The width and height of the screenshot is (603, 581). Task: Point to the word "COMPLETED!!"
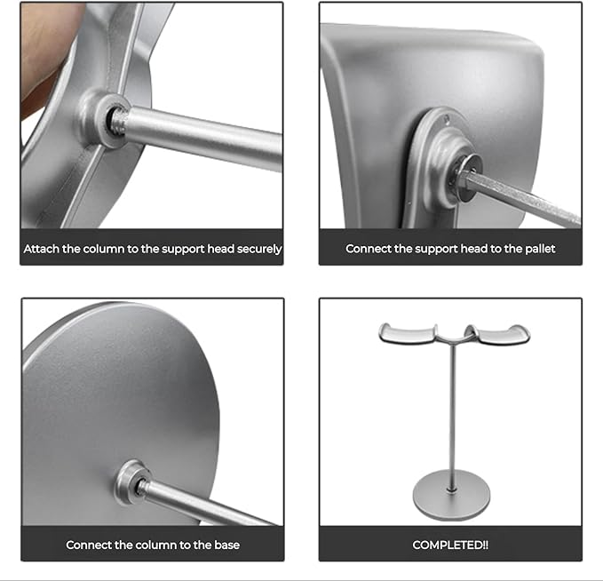click(450, 545)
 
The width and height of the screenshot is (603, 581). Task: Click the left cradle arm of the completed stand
click(408, 334)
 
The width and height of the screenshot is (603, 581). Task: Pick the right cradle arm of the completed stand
click(498, 334)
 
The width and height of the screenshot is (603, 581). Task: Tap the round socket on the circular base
click(131, 482)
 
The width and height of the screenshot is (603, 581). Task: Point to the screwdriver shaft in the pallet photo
click(523, 198)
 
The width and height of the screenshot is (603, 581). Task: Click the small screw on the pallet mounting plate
click(447, 120)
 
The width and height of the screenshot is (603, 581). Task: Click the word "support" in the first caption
click(183, 250)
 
